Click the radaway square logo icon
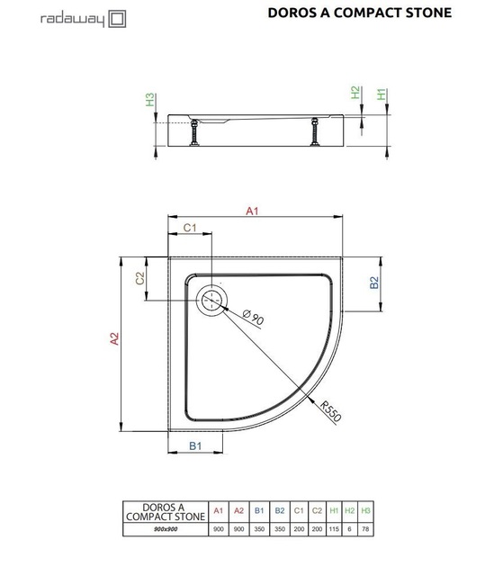coord(117,19)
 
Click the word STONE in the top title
coord(428,13)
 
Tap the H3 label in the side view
coord(149,100)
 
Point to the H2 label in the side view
coord(355,92)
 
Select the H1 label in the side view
coord(382,94)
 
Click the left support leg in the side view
coord(194,132)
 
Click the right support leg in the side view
coord(315,132)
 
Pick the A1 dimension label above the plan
coord(252,211)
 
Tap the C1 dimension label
coord(190,228)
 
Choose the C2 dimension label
coord(140,278)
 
